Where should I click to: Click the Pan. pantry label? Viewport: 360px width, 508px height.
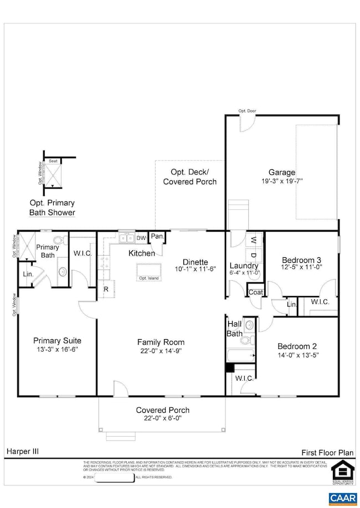pyautogui.click(x=157, y=237)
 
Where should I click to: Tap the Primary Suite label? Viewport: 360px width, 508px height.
pyautogui.click(x=54, y=340)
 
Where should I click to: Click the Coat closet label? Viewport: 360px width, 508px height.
pyautogui.click(x=255, y=292)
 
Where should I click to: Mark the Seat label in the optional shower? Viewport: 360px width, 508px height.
pyautogui.click(x=54, y=161)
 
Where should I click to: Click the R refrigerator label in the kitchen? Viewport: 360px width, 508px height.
pyautogui.click(x=105, y=289)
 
